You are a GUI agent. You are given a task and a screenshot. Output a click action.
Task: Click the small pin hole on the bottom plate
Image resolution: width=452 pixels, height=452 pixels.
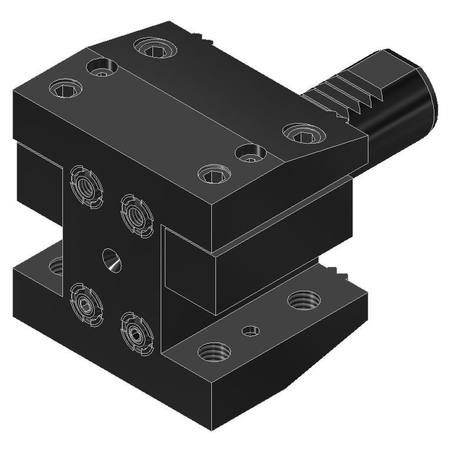[x=251, y=331]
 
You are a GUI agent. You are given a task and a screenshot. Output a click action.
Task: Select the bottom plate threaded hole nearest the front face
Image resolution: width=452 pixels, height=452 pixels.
[x=214, y=353]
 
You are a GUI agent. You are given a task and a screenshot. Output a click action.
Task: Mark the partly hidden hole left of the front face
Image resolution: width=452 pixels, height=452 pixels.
[x=56, y=267]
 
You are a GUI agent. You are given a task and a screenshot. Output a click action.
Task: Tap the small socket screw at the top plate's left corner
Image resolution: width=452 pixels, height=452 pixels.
[x=64, y=89]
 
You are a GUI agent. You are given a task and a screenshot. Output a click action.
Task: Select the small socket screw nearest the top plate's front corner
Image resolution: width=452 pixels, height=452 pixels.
[x=213, y=174]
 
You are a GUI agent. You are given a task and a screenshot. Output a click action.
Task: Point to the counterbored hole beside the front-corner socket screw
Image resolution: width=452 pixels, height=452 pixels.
[x=251, y=154]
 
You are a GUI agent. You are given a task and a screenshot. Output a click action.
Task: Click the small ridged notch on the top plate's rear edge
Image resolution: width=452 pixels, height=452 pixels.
[x=205, y=39]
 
